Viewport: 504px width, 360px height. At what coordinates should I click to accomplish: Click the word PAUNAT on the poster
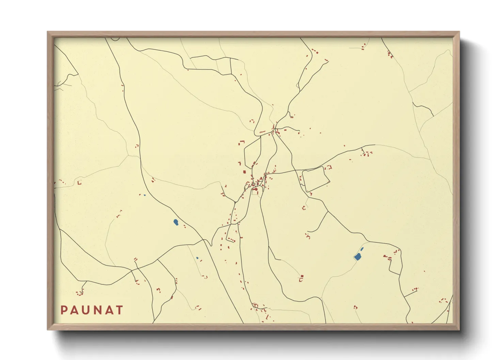92,310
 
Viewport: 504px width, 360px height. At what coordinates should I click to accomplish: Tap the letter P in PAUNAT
64,310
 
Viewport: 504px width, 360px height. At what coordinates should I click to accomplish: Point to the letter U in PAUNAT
86,310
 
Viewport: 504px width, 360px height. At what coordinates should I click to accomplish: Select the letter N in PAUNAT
97,310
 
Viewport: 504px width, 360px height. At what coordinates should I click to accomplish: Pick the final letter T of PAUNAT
119,310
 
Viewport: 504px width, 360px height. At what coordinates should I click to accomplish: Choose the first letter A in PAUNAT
75,310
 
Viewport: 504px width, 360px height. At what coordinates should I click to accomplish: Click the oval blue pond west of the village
176,223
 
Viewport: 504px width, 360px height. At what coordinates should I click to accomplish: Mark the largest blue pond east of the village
358,257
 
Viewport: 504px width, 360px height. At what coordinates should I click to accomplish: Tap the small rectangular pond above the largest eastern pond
362,249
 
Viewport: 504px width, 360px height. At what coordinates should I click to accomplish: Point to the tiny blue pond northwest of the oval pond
144,195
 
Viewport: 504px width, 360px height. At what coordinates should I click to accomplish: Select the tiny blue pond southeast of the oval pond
197,258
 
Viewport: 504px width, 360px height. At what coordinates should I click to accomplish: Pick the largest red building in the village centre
254,189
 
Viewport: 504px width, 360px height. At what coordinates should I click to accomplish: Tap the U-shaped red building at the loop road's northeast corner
329,167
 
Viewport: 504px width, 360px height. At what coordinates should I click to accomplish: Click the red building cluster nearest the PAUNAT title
80,292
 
